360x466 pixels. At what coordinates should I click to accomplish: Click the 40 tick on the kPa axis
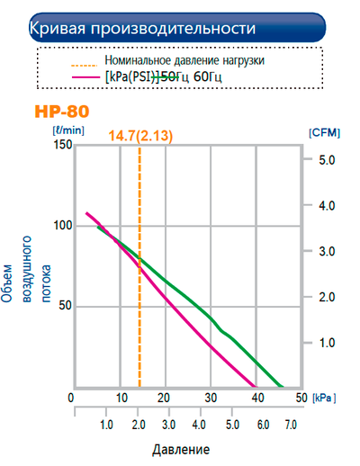point(257,398)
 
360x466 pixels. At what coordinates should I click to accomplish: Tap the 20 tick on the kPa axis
point(165,398)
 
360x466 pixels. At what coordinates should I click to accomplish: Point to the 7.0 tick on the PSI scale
point(291,425)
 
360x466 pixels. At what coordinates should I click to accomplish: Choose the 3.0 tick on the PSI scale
point(167,425)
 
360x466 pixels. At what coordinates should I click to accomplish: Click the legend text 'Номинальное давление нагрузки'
point(184,60)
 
